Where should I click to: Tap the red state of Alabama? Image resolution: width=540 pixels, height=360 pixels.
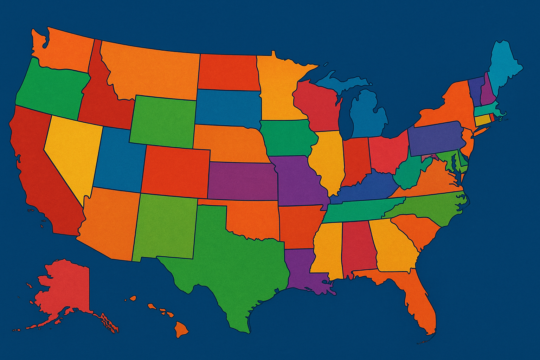pos(357,246)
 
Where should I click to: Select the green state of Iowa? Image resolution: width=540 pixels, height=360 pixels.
pos(287,137)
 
